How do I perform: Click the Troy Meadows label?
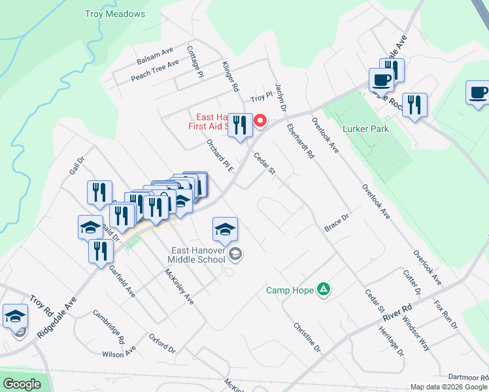tap(116, 14)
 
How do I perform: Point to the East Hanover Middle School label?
tap(198, 255)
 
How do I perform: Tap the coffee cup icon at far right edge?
tap(477, 93)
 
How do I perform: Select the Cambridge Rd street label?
tap(109, 327)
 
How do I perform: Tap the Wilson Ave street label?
tap(119, 353)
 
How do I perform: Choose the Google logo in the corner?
tap(22, 384)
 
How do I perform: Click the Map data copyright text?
tap(448, 387)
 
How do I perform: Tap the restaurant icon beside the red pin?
tap(240, 125)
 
